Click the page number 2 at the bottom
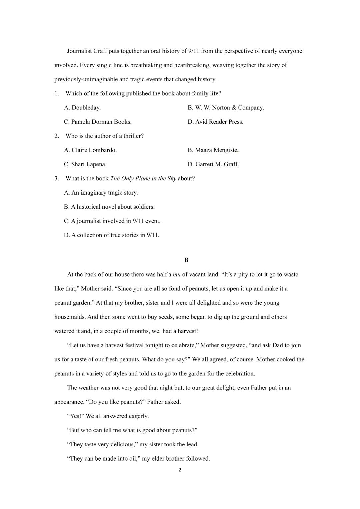point(180,470)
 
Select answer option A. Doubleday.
point(82,108)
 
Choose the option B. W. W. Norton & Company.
point(225,108)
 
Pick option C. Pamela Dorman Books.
point(97,122)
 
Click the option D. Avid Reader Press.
point(215,122)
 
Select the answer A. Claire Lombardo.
point(90,150)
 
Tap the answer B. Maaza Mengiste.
point(213,150)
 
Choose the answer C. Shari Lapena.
point(85,164)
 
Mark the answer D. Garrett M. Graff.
point(213,164)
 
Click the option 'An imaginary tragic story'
point(101,193)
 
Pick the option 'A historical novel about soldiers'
point(109,207)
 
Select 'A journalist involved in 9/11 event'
point(112,221)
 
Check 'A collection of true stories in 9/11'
point(111,235)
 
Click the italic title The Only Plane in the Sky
point(143,178)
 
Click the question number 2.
point(57,136)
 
